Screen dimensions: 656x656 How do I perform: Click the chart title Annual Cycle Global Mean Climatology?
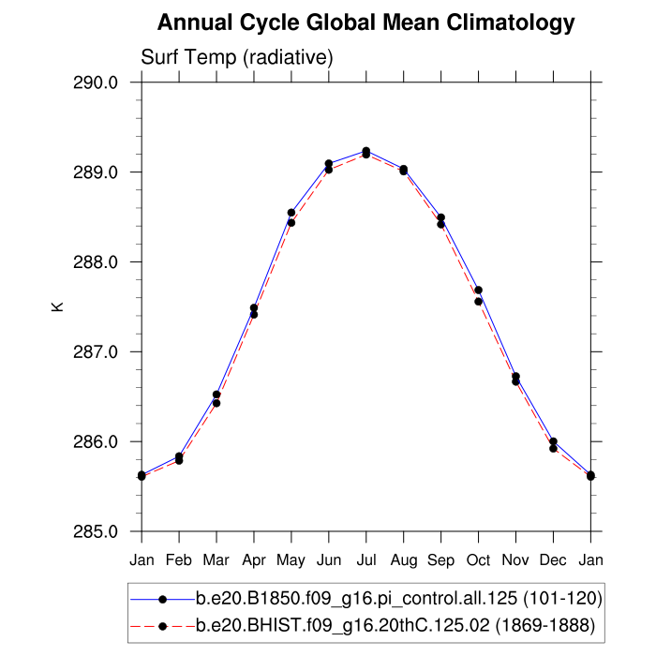(365, 22)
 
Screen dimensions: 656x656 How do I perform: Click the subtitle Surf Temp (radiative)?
(237, 57)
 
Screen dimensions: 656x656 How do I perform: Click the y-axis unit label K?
(57, 306)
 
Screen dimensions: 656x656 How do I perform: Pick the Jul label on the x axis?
(366, 560)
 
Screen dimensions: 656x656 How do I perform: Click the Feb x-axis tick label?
(179, 560)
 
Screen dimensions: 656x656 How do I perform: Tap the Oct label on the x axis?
(479, 560)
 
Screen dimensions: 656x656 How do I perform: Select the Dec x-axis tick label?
(554, 560)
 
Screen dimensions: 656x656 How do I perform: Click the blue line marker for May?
(291, 213)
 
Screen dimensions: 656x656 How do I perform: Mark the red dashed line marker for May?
(291, 223)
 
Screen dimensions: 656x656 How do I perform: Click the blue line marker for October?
(479, 290)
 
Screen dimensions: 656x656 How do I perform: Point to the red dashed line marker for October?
(479, 302)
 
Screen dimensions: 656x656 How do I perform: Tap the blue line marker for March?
(216, 395)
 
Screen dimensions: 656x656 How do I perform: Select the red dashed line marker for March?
(216, 403)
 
